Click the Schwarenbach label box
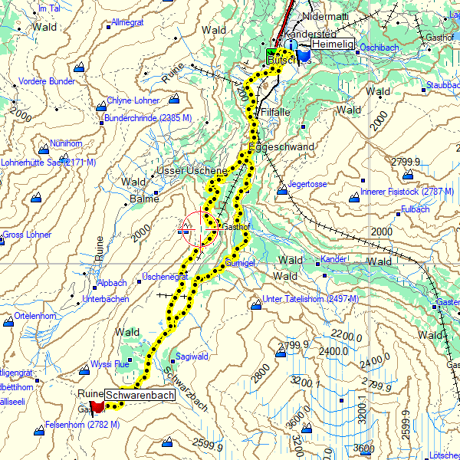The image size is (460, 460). (140, 396)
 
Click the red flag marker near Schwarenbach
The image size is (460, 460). (97, 406)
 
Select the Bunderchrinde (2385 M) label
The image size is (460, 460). (148, 118)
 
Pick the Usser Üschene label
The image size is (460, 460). (192, 170)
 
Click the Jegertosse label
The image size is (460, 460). (307, 185)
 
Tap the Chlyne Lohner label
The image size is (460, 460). (133, 100)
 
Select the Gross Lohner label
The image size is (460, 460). (27, 235)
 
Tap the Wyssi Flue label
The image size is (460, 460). (110, 364)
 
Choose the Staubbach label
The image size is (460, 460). (442, 84)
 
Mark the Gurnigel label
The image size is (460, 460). (241, 263)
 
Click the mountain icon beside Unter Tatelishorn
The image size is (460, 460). (255, 304)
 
